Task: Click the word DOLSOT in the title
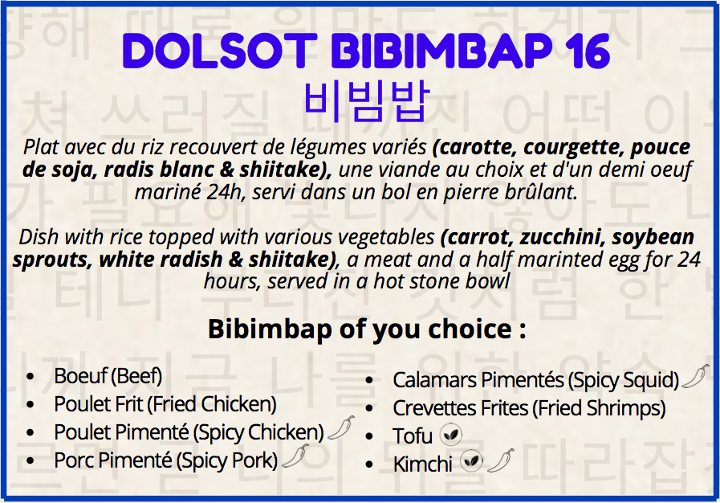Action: tap(220, 51)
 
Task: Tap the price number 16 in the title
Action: tap(588, 51)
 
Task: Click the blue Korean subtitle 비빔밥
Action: tap(367, 101)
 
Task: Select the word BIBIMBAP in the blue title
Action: tap(442, 51)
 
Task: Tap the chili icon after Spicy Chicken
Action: tap(340, 428)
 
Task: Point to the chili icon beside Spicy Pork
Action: tap(295, 456)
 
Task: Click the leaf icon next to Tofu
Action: tap(451, 435)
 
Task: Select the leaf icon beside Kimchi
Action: tap(472, 461)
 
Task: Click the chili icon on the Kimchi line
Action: tap(501, 460)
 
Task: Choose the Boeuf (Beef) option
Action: tap(108, 376)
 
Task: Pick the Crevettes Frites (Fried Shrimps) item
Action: tap(529, 408)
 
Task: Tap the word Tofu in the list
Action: tap(413, 436)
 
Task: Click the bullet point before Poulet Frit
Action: tap(31, 405)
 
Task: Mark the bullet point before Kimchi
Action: tap(369, 465)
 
